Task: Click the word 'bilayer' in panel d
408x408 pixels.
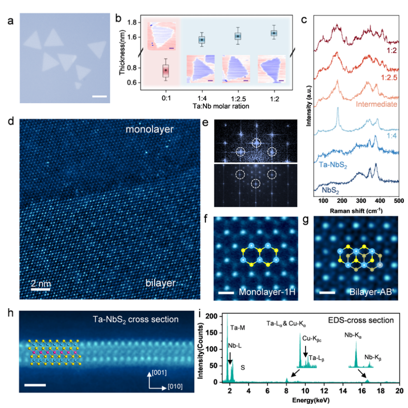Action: [160, 283]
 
